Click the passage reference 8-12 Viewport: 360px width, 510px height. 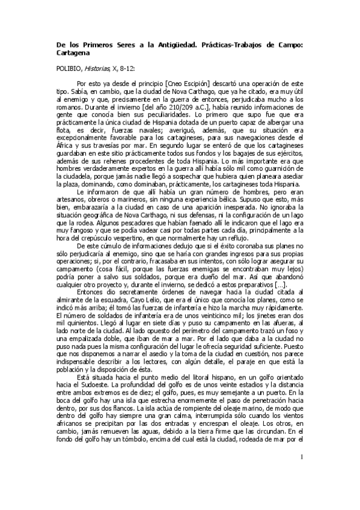[127, 69]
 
